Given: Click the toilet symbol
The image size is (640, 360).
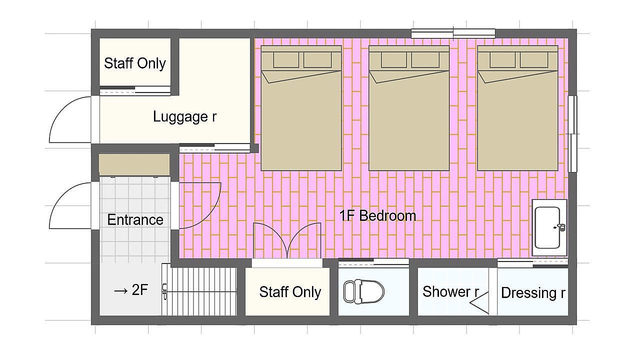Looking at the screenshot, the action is click(x=363, y=291).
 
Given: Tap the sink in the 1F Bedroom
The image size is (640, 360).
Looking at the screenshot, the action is click(x=549, y=227).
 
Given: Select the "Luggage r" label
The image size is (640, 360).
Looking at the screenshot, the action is click(x=185, y=116).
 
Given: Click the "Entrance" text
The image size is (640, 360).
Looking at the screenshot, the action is click(x=135, y=219).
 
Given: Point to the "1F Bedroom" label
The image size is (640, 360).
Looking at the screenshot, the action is click(x=377, y=215).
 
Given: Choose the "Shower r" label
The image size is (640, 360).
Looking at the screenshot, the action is click(x=450, y=291).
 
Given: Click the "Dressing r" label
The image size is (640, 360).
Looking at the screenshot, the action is click(x=533, y=293).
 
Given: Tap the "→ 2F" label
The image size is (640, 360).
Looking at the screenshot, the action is click(x=130, y=290).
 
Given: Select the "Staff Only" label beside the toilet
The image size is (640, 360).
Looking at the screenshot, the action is click(x=290, y=292).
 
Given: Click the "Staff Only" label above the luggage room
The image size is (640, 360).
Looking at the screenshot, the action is click(x=135, y=63).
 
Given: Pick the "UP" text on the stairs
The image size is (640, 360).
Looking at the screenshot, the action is click(x=164, y=291).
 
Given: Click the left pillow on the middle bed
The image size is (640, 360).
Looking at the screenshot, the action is click(x=393, y=59).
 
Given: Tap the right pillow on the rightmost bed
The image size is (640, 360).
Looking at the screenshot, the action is click(x=534, y=59).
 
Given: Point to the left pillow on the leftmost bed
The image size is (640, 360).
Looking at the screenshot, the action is click(x=286, y=59).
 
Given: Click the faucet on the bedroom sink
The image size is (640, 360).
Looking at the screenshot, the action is click(x=560, y=227).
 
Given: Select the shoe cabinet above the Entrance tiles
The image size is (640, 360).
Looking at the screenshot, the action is click(x=134, y=165).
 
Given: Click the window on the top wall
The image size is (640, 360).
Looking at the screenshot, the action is click(x=453, y=33).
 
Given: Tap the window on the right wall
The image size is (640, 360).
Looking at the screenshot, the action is click(x=572, y=133).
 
